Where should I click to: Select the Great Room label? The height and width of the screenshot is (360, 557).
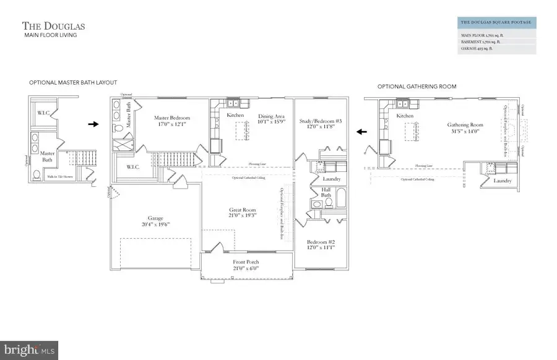242,214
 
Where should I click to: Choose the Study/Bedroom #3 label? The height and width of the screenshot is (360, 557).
320,124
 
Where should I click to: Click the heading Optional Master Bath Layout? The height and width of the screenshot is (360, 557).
73,82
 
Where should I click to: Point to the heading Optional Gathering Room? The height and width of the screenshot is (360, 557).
417,87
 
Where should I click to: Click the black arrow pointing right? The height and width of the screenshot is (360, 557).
93,124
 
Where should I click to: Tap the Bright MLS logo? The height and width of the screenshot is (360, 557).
30,350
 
